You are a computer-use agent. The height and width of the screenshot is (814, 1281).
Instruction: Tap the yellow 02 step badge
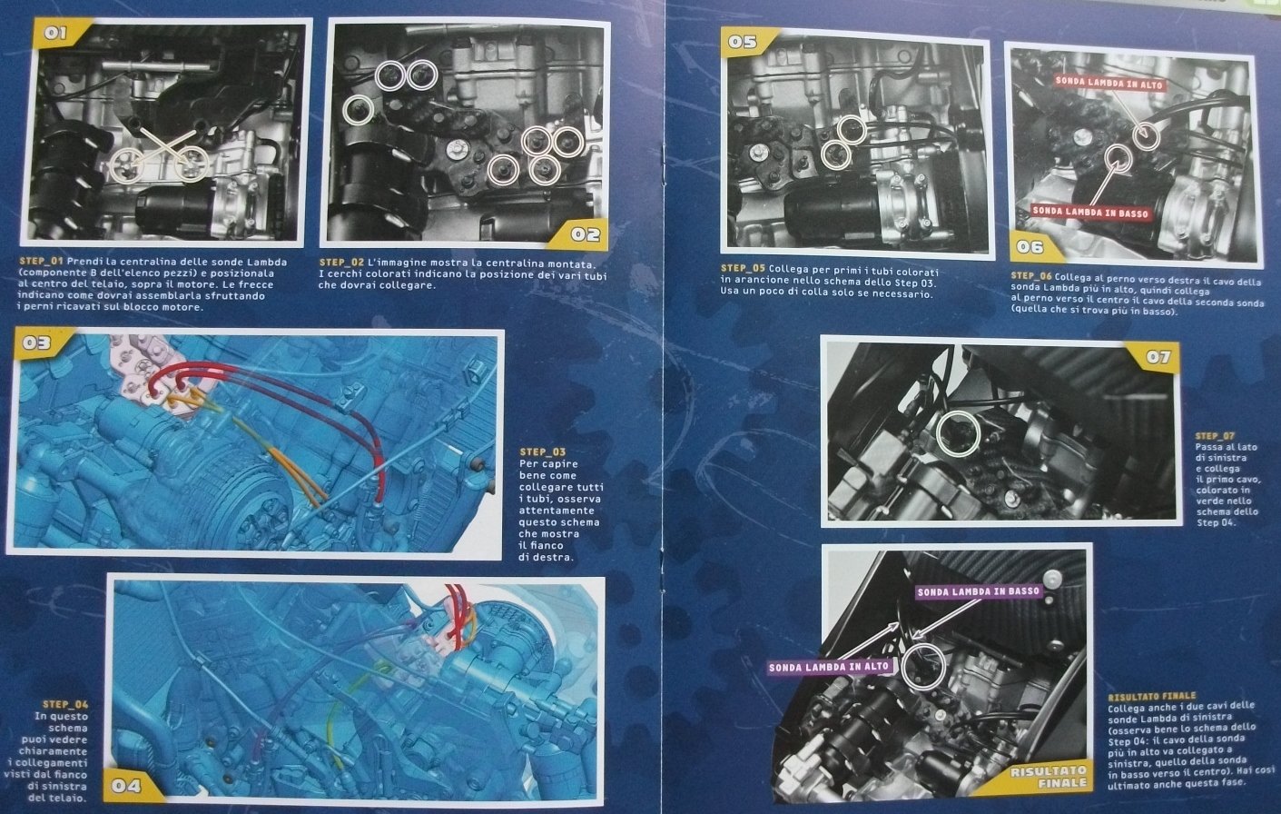coord(578,234)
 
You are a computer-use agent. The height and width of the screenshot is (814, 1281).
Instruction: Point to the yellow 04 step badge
coord(132,785)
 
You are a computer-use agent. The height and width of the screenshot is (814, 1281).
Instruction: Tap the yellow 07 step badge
coord(1153,357)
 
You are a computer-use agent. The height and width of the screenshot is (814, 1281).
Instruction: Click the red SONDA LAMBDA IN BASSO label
coord(1089,212)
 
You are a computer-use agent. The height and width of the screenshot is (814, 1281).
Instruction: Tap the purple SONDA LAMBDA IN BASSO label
coord(978,592)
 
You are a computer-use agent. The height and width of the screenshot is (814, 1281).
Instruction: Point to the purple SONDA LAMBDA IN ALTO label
coord(829,667)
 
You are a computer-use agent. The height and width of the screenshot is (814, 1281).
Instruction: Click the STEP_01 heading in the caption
coord(41,262)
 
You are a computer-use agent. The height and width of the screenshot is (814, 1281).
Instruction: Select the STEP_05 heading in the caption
coord(743,268)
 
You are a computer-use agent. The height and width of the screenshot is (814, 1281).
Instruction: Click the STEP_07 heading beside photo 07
coord(1215,436)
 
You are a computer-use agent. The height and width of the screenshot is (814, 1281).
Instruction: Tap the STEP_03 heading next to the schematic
coord(542,452)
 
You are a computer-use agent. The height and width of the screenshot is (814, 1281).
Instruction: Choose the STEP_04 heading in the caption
coord(65,704)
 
